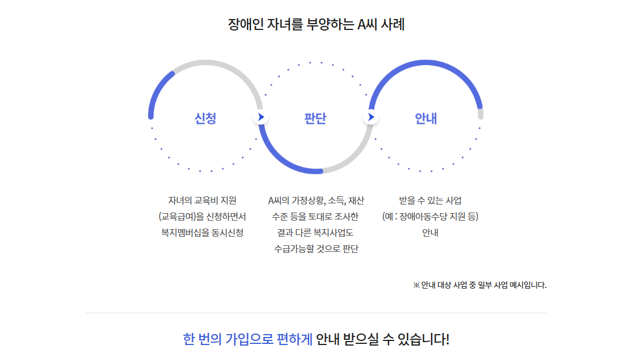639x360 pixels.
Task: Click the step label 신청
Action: point(206,119)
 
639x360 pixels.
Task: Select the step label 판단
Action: point(315,119)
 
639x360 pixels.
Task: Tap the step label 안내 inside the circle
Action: point(426,119)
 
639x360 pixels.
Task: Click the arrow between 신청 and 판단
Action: point(261,118)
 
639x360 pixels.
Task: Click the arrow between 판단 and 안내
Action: point(370,118)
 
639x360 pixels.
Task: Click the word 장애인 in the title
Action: point(246,25)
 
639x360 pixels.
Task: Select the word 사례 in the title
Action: point(394,25)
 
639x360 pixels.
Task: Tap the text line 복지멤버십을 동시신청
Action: point(202,233)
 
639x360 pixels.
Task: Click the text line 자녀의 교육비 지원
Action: point(202,200)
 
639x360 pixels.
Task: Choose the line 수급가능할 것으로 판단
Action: point(316,249)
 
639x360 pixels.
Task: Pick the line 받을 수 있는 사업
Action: point(430,200)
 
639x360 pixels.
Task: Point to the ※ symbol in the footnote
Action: point(416,285)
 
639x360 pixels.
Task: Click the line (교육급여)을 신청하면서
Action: point(202,217)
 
